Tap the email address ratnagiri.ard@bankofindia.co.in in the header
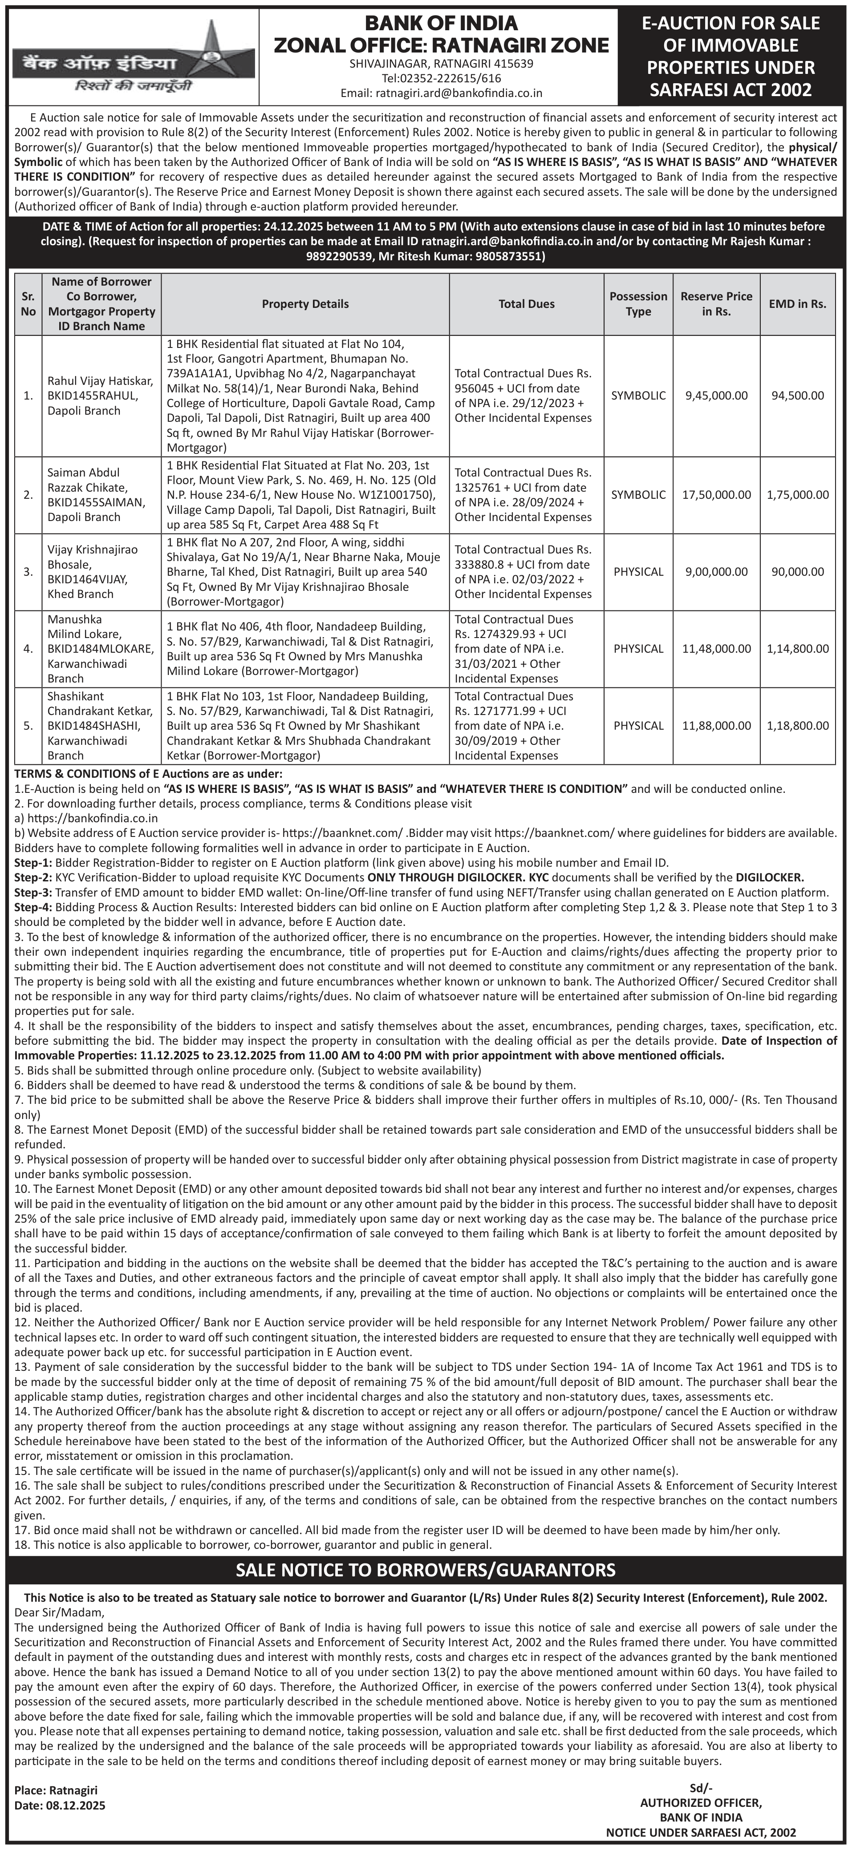pyautogui.click(x=441, y=93)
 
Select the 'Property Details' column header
pyautogui.click(x=305, y=304)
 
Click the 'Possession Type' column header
pyautogui.click(x=638, y=304)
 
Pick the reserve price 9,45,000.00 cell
pyautogui.click(x=716, y=396)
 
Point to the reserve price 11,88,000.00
pyautogui.click(x=716, y=725)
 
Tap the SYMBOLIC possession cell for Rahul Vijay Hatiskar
pyautogui.click(x=638, y=396)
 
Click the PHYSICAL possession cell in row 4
pyautogui.click(x=638, y=649)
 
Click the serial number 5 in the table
pyautogui.click(x=28, y=725)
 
